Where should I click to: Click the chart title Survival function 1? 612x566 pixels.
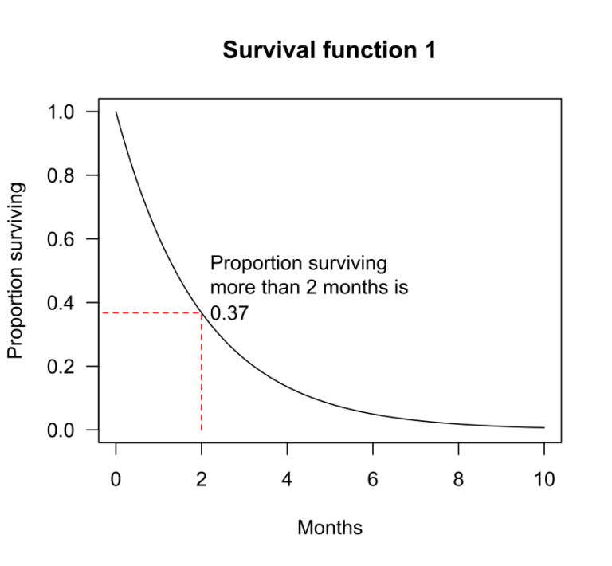point(329,51)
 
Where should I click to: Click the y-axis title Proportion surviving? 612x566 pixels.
point(16,270)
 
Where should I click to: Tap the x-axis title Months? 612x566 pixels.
point(329,528)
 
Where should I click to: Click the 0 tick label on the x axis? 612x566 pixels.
point(116,479)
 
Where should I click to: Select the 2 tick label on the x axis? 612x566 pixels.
point(202,479)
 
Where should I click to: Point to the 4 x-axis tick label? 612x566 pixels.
point(288,479)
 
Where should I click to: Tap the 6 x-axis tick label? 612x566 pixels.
point(373,479)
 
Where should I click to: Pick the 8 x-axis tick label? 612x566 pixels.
point(459,479)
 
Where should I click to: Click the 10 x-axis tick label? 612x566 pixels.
point(544,479)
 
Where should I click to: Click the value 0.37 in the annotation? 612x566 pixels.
point(229,313)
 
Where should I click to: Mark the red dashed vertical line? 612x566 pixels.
point(202,375)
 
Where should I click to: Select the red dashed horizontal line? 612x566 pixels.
point(151,312)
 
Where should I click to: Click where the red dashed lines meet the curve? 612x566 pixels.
point(202,312)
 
